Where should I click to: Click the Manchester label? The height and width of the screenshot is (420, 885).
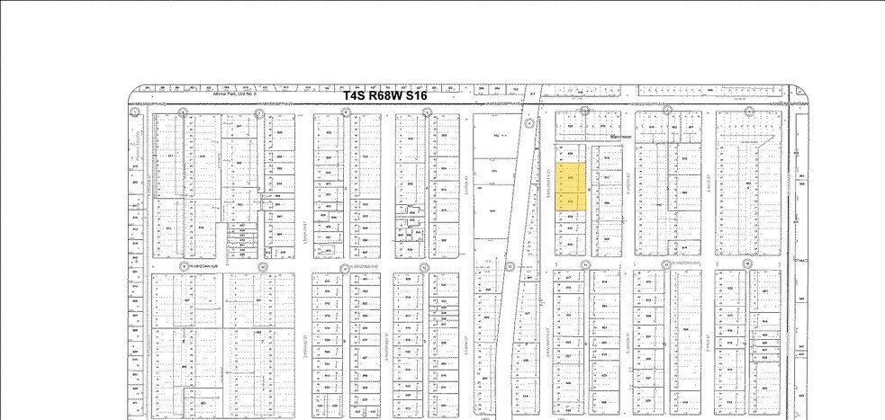point(621,137)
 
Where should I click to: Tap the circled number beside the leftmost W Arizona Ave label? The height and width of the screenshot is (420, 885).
point(184,266)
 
